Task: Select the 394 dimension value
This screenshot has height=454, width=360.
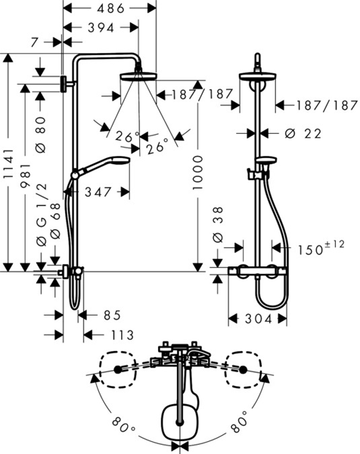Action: coord(100,27)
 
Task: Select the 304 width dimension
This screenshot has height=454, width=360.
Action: coord(258,319)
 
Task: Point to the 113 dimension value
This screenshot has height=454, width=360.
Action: coord(119,334)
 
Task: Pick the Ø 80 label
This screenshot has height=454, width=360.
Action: coord(42,133)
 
